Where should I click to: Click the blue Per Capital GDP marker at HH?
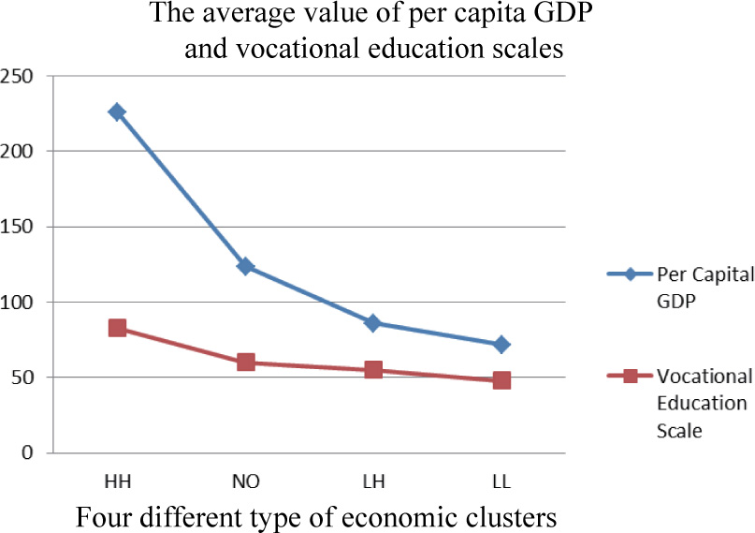click(117, 111)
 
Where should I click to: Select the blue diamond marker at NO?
click(246, 266)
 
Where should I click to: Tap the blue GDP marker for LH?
click(373, 323)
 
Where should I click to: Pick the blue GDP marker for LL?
click(501, 345)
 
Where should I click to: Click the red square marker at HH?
click(117, 328)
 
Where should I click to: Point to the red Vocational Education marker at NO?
click(246, 363)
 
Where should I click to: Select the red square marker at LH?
click(373, 370)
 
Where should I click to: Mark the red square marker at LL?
click(501, 380)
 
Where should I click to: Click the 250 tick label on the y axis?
click(19, 76)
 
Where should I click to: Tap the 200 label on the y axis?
click(19, 151)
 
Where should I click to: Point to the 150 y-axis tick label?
click(19, 227)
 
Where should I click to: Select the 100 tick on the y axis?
click(19, 303)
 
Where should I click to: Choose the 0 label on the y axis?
click(29, 453)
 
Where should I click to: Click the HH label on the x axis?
click(117, 481)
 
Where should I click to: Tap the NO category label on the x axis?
click(246, 481)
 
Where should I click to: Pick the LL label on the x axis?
click(501, 481)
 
